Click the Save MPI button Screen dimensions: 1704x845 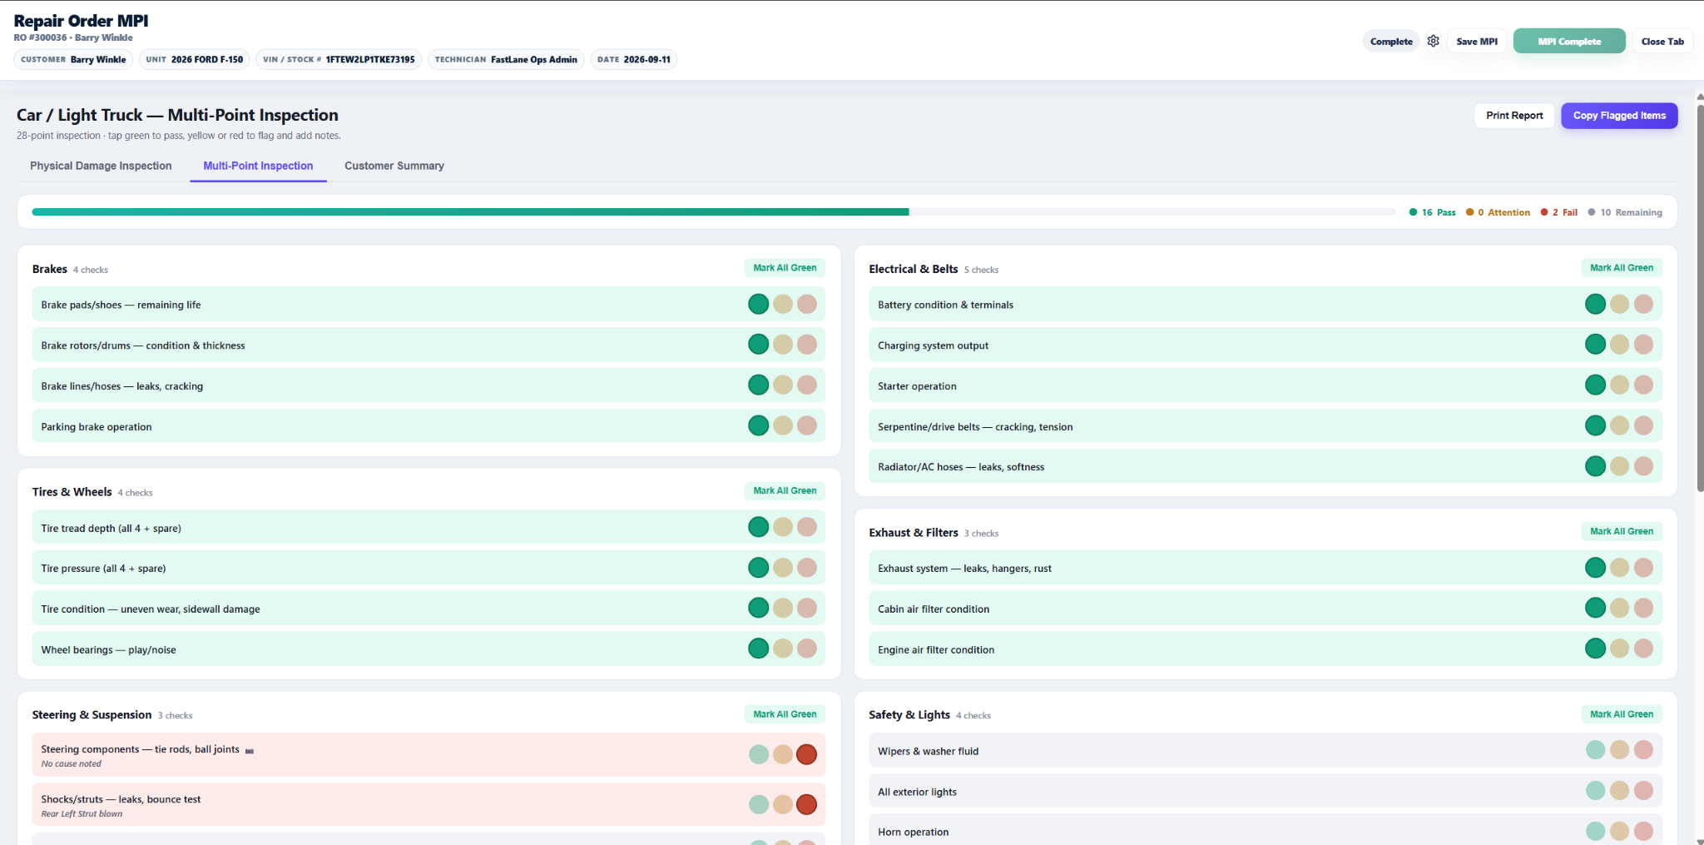coord(1477,42)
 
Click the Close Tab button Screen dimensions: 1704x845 coord(1662,42)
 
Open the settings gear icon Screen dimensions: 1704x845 coord(1433,41)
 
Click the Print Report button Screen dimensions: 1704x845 coord(1514,116)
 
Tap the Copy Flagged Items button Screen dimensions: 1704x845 coord(1619,116)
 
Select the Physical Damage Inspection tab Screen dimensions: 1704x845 coord(101,166)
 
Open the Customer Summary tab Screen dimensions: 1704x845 coord(394,166)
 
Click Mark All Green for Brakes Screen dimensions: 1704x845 coord(785,268)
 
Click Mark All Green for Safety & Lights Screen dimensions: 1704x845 coord(1622,714)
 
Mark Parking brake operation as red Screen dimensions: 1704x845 coord(807,425)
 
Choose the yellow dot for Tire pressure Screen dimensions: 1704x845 coord(783,568)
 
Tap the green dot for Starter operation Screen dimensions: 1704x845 coord(1595,385)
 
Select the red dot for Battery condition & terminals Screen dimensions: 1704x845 coord(1643,304)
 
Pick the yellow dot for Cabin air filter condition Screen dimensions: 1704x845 coord(1619,608)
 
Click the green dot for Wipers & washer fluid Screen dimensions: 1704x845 coord(1595,750)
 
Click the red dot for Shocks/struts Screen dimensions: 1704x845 coord(806,804)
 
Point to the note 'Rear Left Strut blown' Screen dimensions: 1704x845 coord(82,814)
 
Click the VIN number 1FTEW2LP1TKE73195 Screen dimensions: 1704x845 coord(370,60)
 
